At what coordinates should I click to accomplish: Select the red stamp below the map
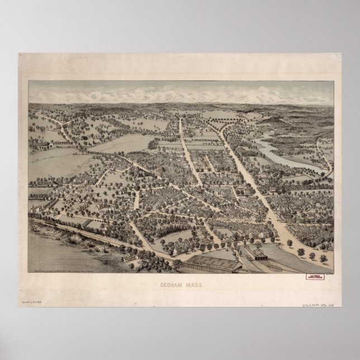314,275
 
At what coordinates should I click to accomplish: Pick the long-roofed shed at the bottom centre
215,263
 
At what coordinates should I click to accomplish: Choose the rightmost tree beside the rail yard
323,258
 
